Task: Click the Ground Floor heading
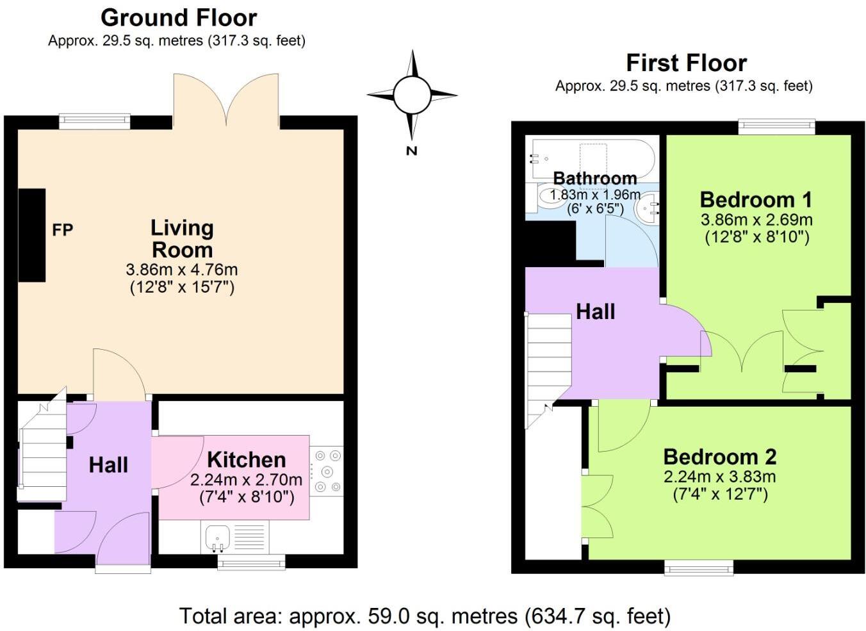point(179,17)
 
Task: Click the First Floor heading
point(686,63)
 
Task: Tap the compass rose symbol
point(412,95)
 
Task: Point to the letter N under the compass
point(411,151)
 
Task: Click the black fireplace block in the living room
point(31,235)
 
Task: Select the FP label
point(62,229)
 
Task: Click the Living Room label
point(182,238)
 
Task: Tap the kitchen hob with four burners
point(327,471)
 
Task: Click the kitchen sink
point(218,537)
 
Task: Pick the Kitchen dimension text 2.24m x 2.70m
point(246,480)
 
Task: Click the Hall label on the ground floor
point(108,464)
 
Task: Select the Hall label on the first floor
point(595,312)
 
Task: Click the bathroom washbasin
point(647,208)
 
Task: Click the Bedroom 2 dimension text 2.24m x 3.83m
point(719,477)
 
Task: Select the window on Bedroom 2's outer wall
point(698,567)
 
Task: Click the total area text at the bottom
point(425,616)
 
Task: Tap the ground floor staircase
point(42,452)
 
